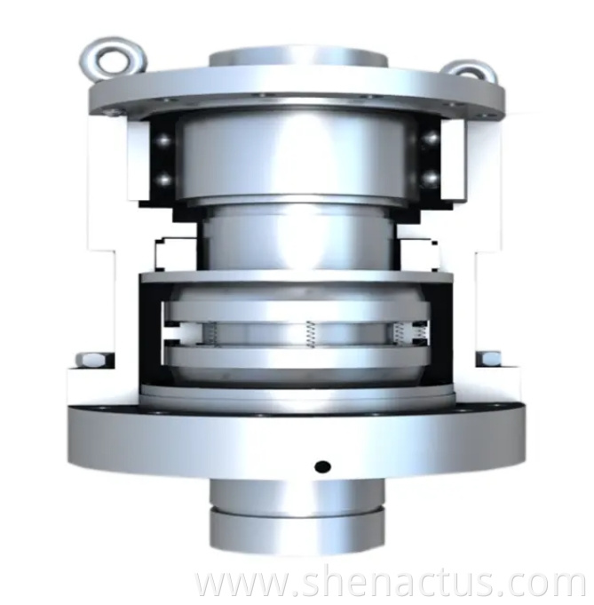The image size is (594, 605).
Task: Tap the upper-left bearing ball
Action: click(x=162, y=138)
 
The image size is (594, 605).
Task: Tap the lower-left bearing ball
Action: click(x=162, y=179)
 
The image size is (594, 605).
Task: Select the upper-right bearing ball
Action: click(x=432, y=138)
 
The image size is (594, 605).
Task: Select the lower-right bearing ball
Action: click(x=432, y=178)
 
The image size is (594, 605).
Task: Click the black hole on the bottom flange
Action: click(x=322, y=466)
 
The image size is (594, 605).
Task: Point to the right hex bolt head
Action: click(x=488, y=359)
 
